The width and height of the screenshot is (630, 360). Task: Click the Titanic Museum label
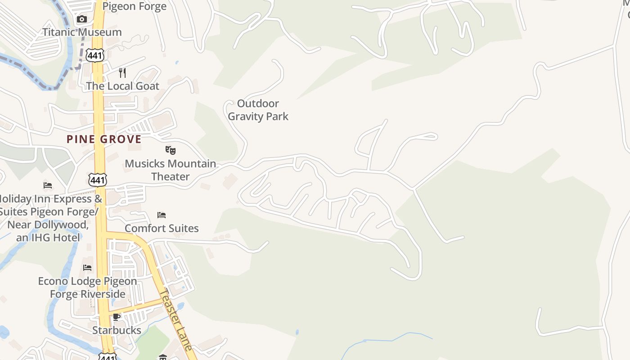tap(82, 32)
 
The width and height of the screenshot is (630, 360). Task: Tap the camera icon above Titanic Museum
tap(81, 19)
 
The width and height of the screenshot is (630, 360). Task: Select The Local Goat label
tap(122, 86)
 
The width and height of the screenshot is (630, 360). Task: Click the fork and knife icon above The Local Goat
tap(122, 72)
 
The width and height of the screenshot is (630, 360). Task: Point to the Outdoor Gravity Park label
tap(258, 110)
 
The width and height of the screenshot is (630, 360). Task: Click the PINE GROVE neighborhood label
tap(104, 139)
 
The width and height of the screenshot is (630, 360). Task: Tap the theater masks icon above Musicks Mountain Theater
tap(170, 150)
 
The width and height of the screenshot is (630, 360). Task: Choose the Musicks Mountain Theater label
tap(170, 170)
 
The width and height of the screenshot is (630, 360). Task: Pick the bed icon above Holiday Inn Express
tap(48, 185)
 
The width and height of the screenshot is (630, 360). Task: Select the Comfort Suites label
tap(162, 228)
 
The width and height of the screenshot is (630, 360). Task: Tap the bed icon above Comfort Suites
tap(162, 215)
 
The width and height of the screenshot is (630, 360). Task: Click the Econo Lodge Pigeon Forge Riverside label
tap(87, 287)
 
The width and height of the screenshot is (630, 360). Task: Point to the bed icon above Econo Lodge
tap(87, 268)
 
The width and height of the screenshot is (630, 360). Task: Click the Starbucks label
tap(117, 330)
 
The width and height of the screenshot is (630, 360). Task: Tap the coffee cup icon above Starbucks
tap(117, 317)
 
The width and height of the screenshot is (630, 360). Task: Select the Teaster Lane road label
tap(176, 319)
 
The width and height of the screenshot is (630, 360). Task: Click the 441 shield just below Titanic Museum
tap(96, 55)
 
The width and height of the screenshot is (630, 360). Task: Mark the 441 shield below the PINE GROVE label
tap(98, 180)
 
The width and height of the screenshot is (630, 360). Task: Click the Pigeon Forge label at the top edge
tap(134, 6)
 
